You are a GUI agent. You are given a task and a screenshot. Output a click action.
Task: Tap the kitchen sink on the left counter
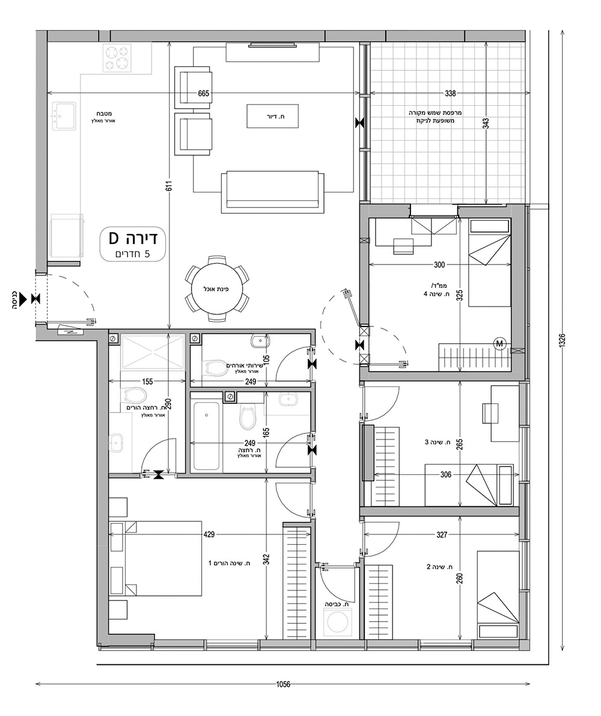point(64,117)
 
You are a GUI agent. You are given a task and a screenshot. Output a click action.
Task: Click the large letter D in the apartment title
point(115,238)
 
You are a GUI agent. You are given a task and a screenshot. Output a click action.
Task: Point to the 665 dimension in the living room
point(204,94)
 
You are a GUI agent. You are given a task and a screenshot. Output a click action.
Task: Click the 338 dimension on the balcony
point(450,94)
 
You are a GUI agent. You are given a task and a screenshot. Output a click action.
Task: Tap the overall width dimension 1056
point(283,684)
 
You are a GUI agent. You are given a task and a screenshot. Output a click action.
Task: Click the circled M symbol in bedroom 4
point(501,343)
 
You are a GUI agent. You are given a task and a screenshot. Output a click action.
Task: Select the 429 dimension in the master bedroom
point(210,534)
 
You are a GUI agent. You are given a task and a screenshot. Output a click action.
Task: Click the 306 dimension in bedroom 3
point(446,474)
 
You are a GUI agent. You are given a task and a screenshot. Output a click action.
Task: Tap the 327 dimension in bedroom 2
point(442,534)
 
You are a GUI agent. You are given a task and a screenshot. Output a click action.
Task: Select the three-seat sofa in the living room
point(272,192)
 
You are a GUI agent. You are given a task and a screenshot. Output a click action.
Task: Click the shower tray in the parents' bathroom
point(153,351)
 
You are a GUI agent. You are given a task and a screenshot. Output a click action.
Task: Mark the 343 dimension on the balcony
point(486,124)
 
